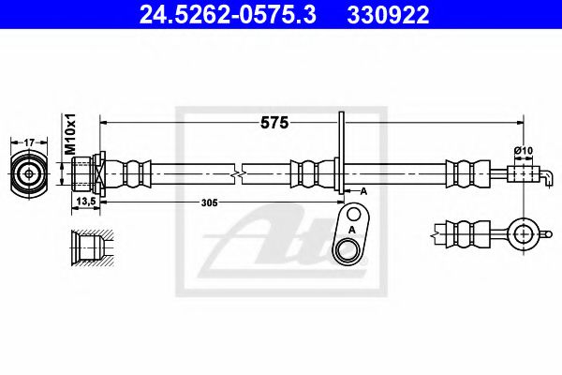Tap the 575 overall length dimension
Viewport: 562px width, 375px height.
pyautogui.click(x=274, y=122)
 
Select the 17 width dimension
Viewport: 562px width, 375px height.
pyautogui.click(x=29, y=142)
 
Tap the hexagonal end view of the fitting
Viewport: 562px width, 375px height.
pyautogui.click(x=29, y=173)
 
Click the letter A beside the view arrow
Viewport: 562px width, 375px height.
pyautogui.click(x=363, y=190)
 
